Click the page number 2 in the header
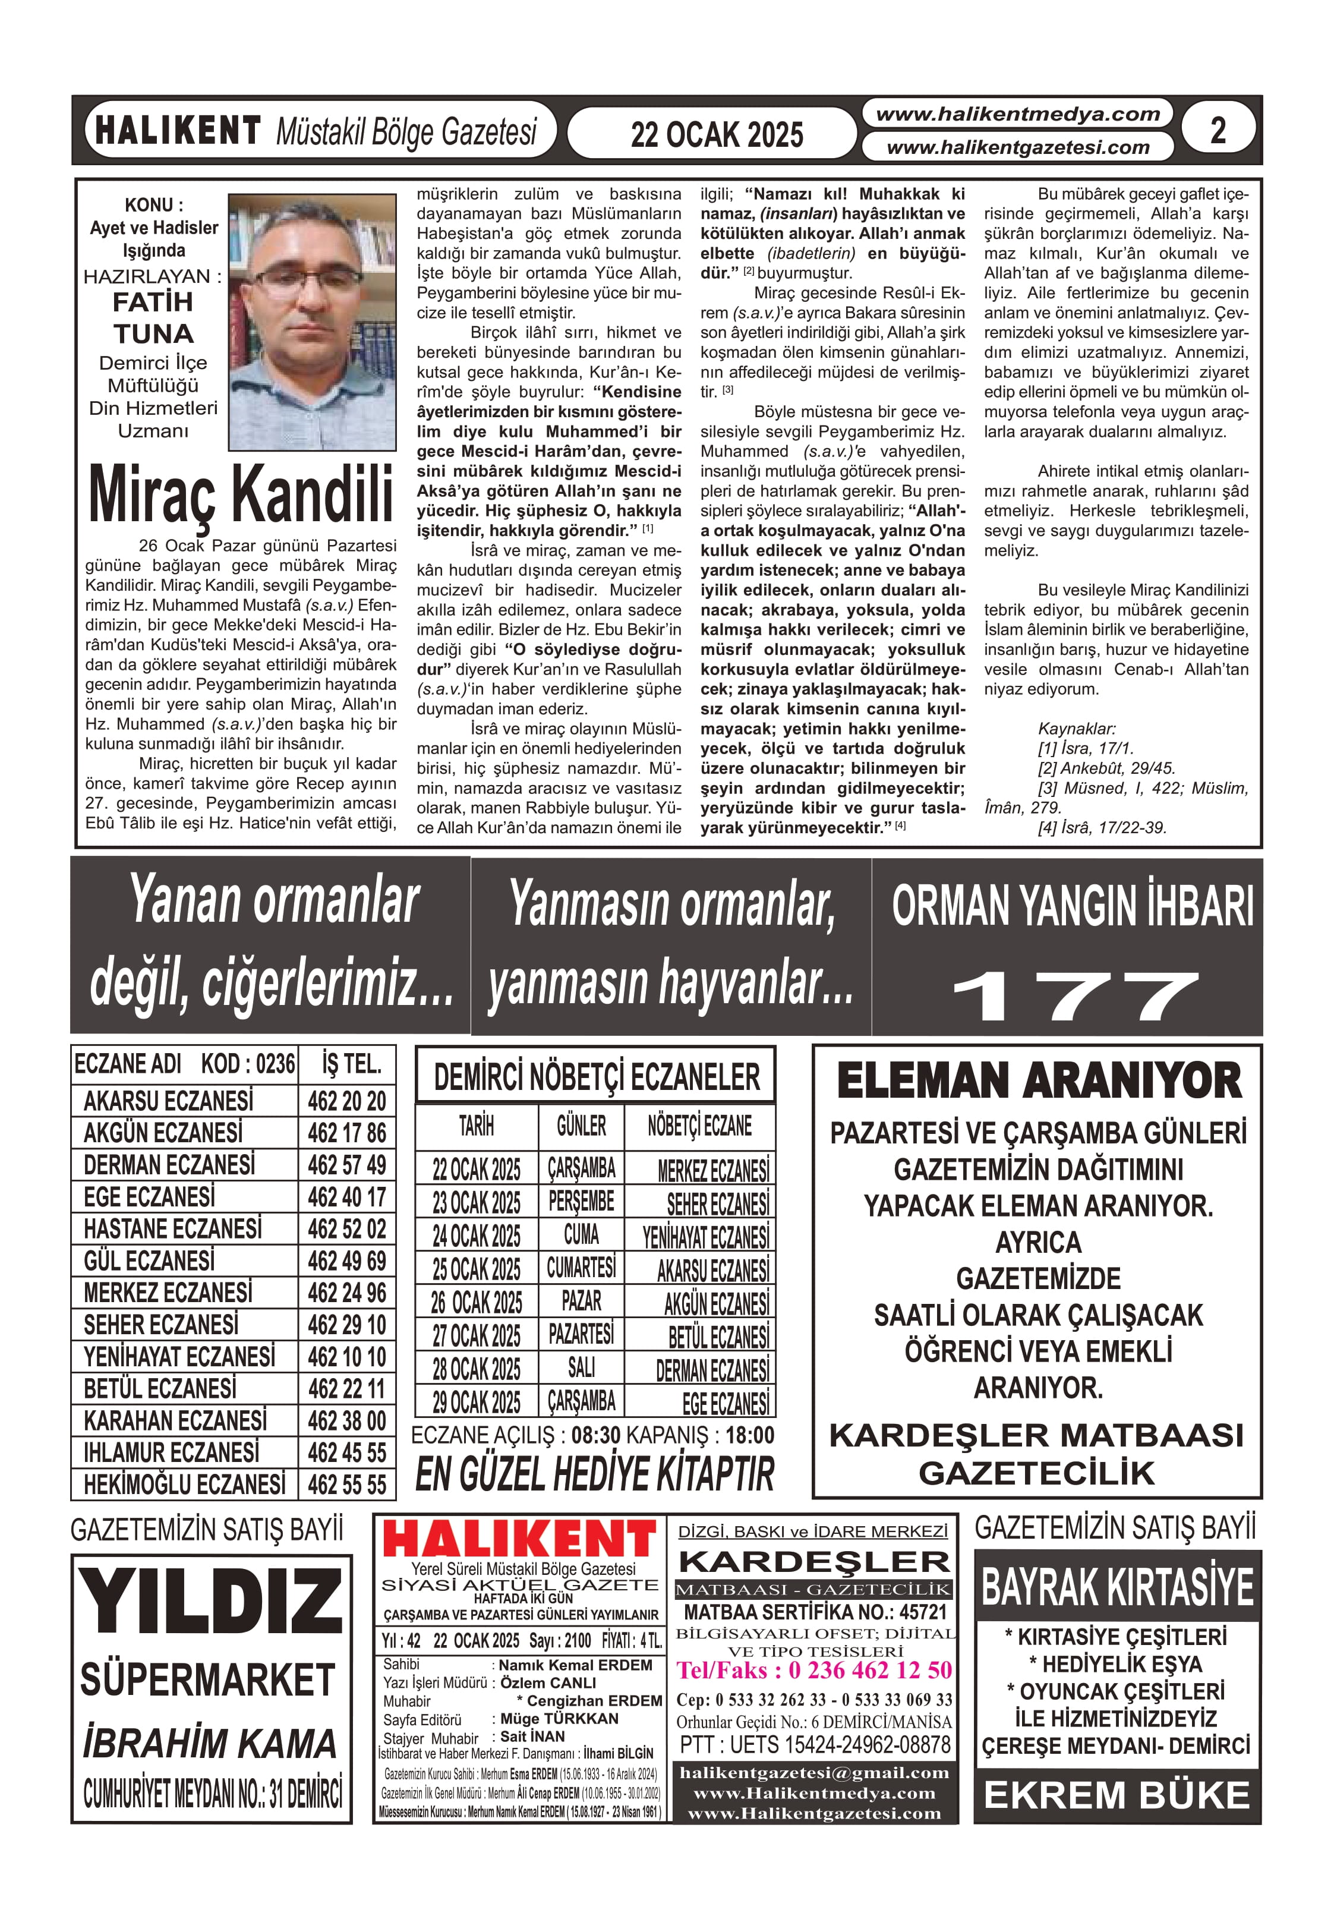tap(1218, 130)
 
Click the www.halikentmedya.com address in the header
tap(1017, 115)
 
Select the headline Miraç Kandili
tap(241, 495)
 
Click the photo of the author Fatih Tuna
tap(312, 322)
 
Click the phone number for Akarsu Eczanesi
tap(347, 1101)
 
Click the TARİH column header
tap(477, 1126)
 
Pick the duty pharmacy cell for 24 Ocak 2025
tap(705, 1236)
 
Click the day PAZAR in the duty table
tap(581, 1302)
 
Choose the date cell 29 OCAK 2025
tap(477, 1401)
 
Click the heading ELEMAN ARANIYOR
tap(1039, 1080)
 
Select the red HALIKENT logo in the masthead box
tap(519, 1539)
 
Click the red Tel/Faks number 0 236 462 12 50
tap(814, 1670)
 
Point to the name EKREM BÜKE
tap(1117, 1794)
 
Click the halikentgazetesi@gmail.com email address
tap(814, 1773)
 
